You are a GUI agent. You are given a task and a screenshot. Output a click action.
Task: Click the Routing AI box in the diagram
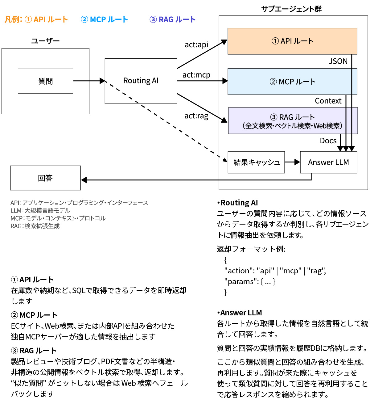[141, 81]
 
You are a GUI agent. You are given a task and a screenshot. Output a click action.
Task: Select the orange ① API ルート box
[292, 41]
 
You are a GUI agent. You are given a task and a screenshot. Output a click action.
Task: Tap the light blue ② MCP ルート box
[292, 82]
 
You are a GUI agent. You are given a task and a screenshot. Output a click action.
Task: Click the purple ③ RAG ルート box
[293, 121]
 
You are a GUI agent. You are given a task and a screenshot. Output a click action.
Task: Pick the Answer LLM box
[328, 162]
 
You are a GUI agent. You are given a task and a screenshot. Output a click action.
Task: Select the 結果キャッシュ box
[256, 162]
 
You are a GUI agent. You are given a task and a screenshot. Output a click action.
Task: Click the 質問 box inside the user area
[45, 81]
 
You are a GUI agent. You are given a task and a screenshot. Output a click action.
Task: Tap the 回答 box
[45, 178]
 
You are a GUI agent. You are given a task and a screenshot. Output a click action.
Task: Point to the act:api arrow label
[196, 45]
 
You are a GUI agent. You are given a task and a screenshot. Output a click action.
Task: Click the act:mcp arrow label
[196, 75]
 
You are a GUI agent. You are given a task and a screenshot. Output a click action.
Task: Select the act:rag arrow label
[196, 116]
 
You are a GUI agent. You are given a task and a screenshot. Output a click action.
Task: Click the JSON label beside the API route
[338, 61]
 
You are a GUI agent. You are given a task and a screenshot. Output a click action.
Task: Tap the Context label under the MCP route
[328, 101]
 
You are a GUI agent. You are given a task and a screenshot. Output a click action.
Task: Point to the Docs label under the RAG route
[328, 141]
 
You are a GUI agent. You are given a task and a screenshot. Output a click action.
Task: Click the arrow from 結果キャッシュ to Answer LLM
[292, 162]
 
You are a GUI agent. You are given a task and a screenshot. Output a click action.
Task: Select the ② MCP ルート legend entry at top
[104, 19]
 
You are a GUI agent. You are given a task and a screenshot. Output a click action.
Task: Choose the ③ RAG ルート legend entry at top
[172, 19]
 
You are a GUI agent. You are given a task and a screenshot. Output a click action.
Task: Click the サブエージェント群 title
[291, 9]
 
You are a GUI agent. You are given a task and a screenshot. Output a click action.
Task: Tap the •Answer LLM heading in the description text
[240, 313]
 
